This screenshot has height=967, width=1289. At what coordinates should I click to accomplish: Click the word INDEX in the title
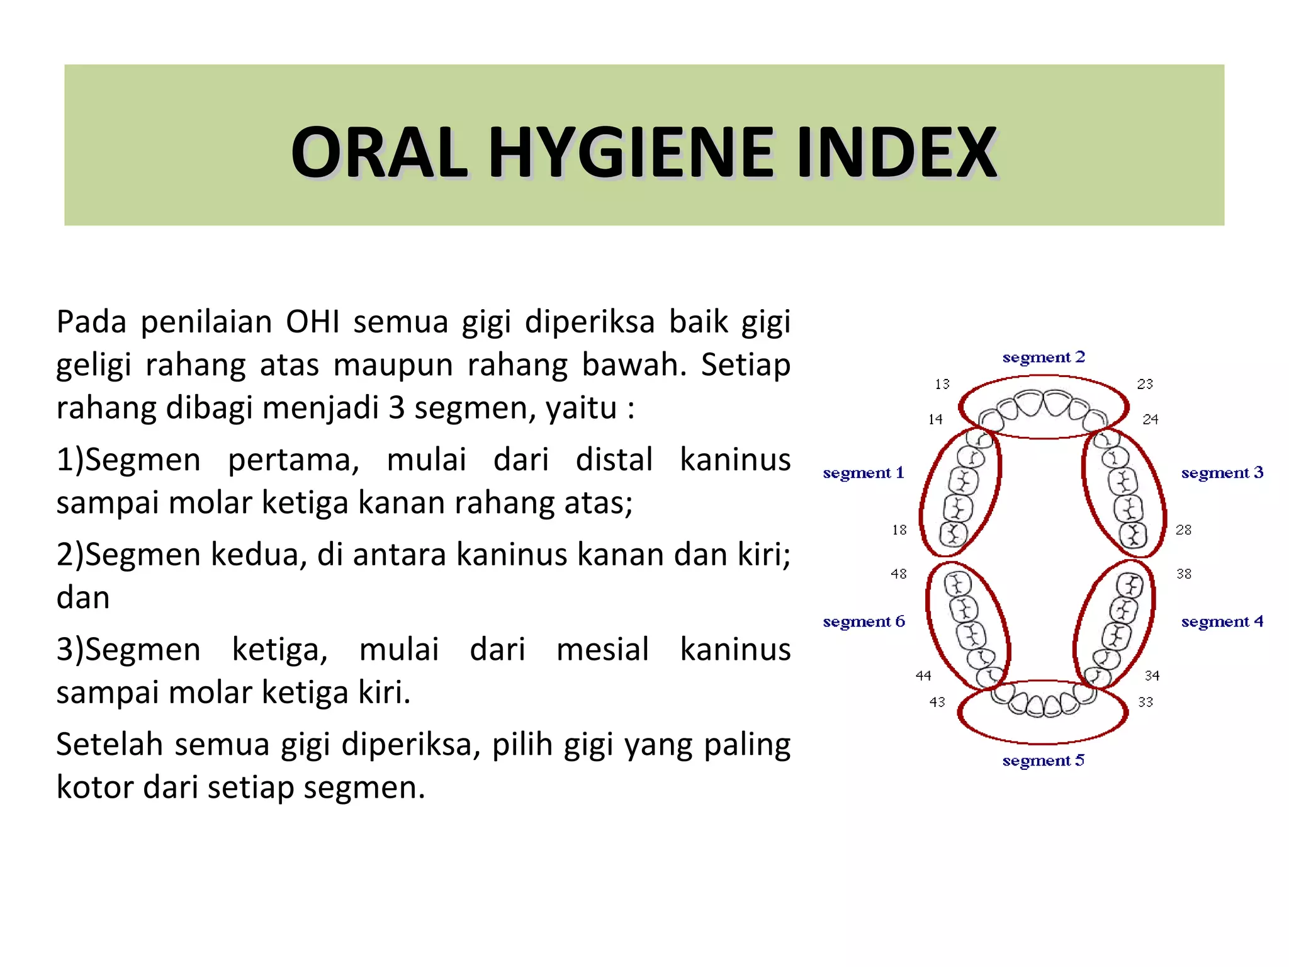click(x=896, y=153)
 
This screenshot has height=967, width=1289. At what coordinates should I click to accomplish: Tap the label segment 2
click(x=1044, y=358)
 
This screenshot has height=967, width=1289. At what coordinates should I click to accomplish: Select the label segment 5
click(x=1044, y=761)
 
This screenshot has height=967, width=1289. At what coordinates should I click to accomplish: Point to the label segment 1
click(x=863, y=473)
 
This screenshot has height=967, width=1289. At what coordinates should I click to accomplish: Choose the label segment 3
click(x=1222, y=473)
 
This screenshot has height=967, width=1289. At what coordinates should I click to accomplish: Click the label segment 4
click(x=1222, y=622)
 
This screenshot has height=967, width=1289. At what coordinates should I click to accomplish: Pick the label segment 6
click(x=864, y=622)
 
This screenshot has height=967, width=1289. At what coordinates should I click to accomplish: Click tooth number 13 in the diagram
click(x=942, y=384)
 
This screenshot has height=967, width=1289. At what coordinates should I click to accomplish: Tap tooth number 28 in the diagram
click(x=1183, y=530)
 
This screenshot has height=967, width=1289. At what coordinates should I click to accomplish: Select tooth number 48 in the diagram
click(x=899, y=574)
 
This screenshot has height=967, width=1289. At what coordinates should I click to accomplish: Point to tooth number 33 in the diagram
click(x=1145, y=702)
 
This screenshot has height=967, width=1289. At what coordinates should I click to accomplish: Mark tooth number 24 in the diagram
click(x=1151, y=419)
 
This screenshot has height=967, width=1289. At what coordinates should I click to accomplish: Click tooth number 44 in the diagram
click(x=923, y=676)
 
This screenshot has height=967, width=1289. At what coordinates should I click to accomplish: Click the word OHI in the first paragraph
click(x=312, y=322)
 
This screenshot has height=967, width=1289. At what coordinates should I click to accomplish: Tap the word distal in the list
click(x=614, y=460)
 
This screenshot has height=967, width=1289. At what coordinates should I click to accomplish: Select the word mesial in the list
click(x=602, y=650)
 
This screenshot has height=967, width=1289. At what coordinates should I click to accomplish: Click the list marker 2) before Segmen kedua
click(x=69, y=555)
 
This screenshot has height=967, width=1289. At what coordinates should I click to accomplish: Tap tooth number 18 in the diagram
click(x=899, y=530)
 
